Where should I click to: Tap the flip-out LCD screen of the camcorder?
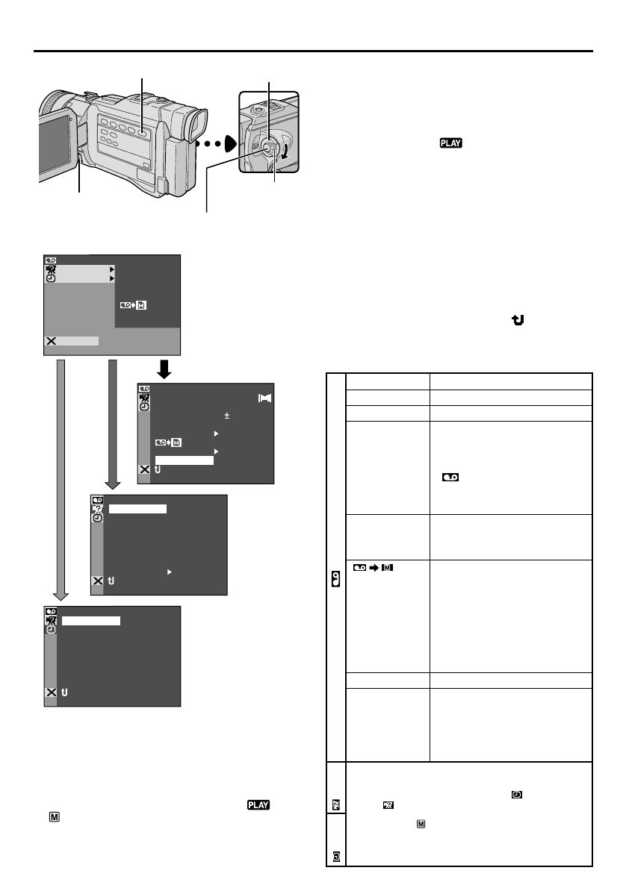[x=56, y=146]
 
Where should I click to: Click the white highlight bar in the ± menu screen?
[x=184, y=460]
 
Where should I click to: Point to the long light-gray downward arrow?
[x=62, y=478]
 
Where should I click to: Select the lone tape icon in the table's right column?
[x=450, y=476]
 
